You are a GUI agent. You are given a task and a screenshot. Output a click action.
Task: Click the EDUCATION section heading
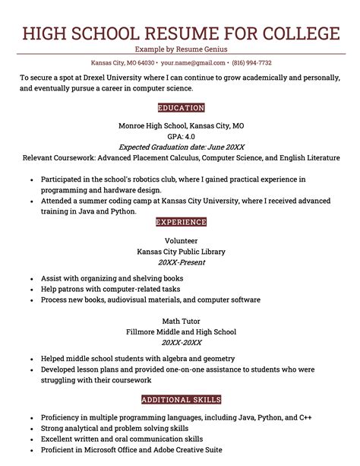[x=180, y=108]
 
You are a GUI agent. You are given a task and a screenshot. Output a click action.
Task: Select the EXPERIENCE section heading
[x=180, y=222]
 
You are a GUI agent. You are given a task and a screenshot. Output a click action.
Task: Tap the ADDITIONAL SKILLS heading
[x=180, y=399]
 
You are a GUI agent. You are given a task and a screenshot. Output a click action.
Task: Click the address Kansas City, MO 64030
[x=122, y=62]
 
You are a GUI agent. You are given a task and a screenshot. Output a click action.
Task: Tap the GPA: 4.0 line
[x=180, y=137]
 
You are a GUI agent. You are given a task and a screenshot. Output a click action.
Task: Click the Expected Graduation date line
[x=180, y=147]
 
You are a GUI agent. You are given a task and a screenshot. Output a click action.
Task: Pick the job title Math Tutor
[x=180, y=321]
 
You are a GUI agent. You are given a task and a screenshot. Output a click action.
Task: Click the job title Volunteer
[x=180, y=240]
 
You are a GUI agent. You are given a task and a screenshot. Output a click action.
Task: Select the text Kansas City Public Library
[x=180, y=252]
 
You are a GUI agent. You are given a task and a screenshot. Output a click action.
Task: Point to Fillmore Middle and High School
[x=180, y=332]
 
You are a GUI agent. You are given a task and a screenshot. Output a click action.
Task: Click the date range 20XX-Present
[x=180, y=262]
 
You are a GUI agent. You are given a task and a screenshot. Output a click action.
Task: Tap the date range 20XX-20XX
[x=180, y=343]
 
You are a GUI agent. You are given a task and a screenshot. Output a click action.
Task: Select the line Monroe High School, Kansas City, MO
[x=180, y=125]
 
